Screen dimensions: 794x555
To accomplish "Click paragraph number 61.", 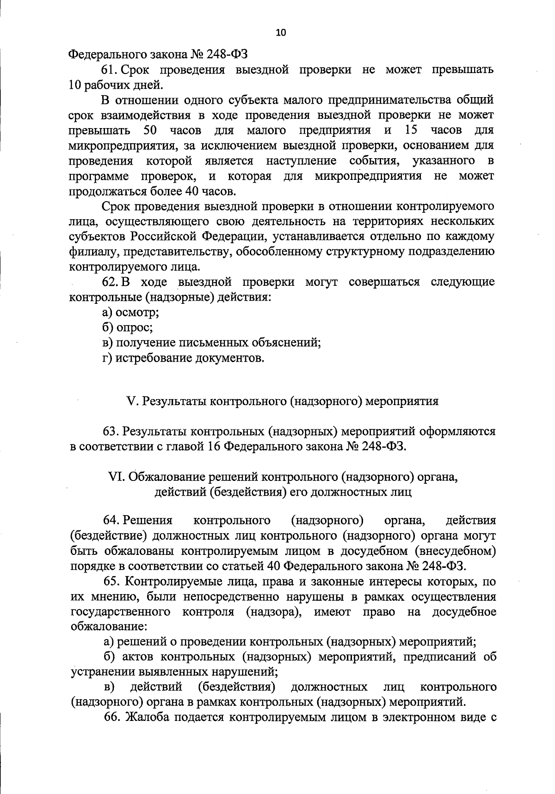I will pos(109,70).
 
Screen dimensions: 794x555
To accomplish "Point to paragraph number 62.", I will pos(109,282).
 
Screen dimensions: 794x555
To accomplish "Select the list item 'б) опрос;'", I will pos(128,327).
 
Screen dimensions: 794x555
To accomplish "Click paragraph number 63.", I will pos(112,431).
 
